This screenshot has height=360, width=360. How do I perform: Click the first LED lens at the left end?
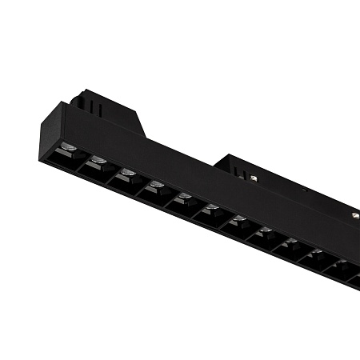pyautogui.click(x=68, y=149)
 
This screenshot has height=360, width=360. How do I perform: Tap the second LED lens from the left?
pyautogui.click(x=98, y=162)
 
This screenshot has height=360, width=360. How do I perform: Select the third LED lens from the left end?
pyautogui.click(x=127, y=174)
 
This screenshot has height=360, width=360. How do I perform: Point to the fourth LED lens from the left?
pyautogui.click(x=156, y=186)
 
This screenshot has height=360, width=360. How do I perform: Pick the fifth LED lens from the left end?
pyautogui.click(x=184, y=198)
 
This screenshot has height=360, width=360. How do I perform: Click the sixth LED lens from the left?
pyautogui.click(x=211, y=210)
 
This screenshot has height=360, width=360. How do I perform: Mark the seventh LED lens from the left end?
pyautogui.click(x=238, y=221)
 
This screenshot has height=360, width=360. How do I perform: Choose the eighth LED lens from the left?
pyautogui.click(x=265, y=232)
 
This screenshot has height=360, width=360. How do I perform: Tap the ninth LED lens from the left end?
pyautogui.click(x=290, y=242)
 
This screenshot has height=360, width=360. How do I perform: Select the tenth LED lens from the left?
pyautogui.click(x=316, y=254)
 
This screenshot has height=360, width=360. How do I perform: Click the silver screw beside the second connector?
pyautogui.click(x=254, y=178)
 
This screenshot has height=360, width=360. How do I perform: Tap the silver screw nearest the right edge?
pyautogui.click(x=353, y=215)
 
